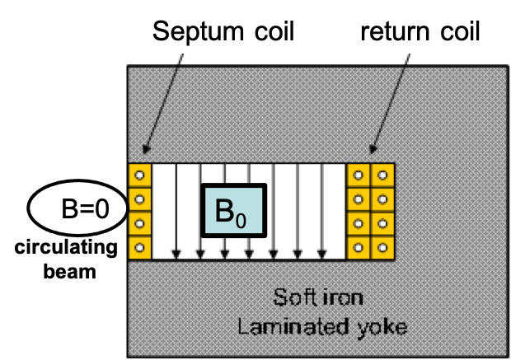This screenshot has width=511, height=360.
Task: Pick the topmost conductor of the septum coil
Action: [x=138, y=175]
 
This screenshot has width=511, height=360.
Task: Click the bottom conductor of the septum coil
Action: [x=138, y=246]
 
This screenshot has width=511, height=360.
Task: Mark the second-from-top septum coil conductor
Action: [x=138, y=199]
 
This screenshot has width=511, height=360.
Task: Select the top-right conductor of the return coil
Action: [x=381, y=175]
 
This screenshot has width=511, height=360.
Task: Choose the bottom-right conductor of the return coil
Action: [x=381, y=246]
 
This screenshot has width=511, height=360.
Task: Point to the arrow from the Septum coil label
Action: [x=162, y=107]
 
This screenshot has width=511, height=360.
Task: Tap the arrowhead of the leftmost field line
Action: [x=176, y=252]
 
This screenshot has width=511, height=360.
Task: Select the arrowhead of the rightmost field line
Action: [x=322, y=252]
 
